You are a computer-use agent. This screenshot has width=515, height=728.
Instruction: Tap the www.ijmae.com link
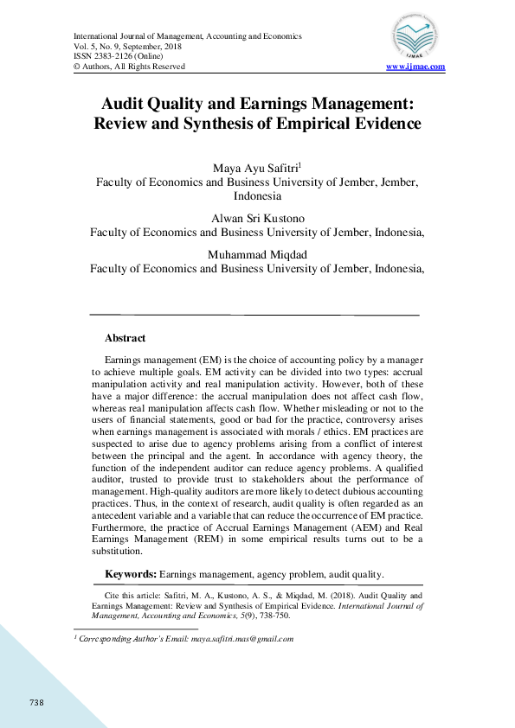pyautogui.click(x=415, y=67)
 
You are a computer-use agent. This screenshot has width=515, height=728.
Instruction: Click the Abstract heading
pyautogui.click(x=125, y=339)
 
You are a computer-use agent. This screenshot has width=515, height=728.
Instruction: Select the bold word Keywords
pyautogui.click(x=131, y=574)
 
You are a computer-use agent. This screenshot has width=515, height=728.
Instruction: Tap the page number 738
pyautogui.click(x=36, y=702)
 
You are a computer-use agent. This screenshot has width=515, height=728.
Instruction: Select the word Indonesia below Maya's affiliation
pyautogui.click(x=257, y=196)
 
